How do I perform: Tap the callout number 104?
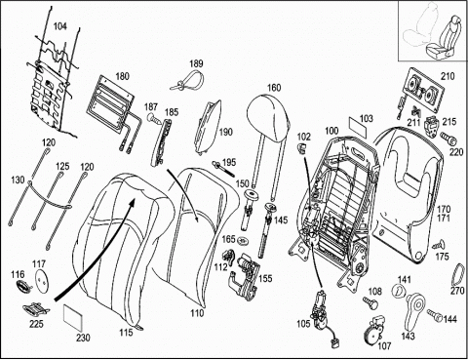59,26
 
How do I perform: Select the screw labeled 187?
154,118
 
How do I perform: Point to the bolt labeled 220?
448,138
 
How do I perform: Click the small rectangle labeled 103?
358,129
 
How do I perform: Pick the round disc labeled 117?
42,280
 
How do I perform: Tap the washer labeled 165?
242,241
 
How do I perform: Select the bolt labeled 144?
434,314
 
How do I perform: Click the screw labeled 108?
370,301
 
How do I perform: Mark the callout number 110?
197,313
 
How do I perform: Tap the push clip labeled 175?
439,245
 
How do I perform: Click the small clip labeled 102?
302,147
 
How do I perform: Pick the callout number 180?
123,77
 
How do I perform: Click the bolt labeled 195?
223,168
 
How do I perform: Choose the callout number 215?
449,122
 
